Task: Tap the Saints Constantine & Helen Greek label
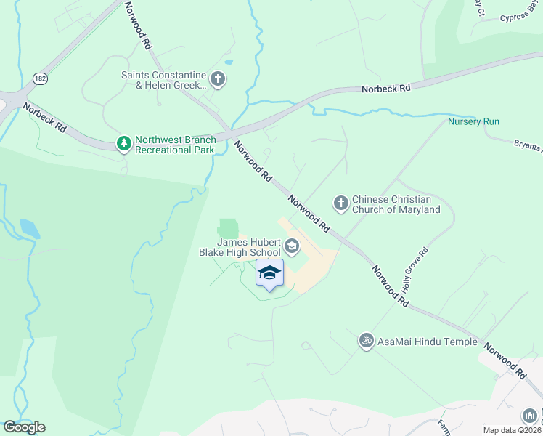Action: [x=164, y=79]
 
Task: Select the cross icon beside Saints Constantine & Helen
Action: [x=217, y=78]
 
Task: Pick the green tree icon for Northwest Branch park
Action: [x=125, y=144]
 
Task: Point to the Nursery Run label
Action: [x=473, y=121]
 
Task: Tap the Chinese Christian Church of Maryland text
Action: [x=396, y=204]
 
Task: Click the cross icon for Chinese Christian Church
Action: [x=340, y=202]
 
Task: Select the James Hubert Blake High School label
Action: [x=239, y=247]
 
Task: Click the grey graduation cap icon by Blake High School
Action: [x=292, y=247]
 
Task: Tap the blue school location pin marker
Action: [x=269, y=273]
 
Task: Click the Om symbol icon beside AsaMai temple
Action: [x=366, y=340]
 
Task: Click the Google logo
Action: [x=24, y=427]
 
